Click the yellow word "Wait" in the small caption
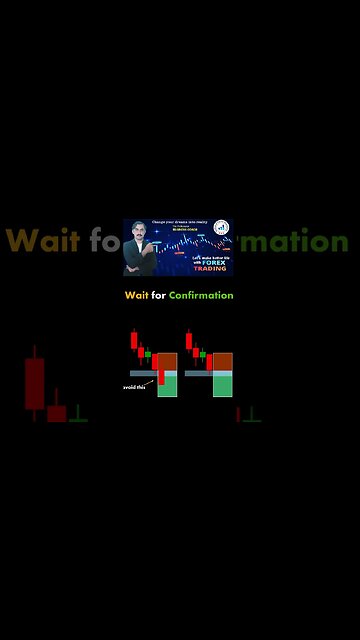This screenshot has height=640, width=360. click(136, 295)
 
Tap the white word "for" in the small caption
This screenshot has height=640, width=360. click(159, 295)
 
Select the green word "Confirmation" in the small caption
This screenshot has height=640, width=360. click(201, 295)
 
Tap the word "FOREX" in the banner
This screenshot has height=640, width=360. click(213, 262)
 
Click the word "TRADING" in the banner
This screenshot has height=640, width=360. click(211, 269)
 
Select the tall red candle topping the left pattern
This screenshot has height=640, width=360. click(134, 339)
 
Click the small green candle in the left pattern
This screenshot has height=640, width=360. click(148, 353)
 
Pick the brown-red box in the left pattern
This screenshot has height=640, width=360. click(167, 361)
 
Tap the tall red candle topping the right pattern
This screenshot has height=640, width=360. click(190, 339)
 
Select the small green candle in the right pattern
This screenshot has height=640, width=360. click(203, 353)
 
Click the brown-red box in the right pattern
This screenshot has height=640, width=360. click(222, 361)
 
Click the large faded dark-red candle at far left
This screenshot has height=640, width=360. click(35, 383)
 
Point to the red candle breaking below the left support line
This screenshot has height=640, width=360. click(160, 376)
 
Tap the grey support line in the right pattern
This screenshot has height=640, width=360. click(197, 373)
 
